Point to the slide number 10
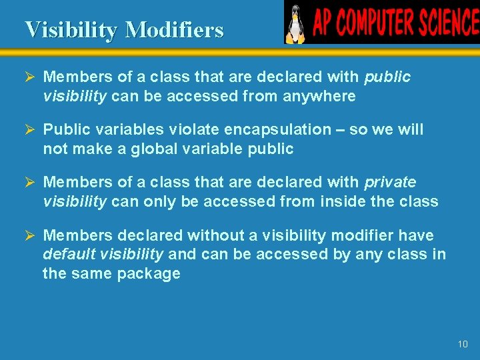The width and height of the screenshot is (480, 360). tap(463, 344)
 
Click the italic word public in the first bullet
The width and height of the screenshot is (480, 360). tap(387, 77)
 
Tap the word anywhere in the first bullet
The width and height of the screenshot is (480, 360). tap(319, 96)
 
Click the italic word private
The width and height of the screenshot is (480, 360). tap(390, 183)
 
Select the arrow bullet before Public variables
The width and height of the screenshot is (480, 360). tap(29, 129)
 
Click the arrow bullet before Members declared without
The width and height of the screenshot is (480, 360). tap(29, 235)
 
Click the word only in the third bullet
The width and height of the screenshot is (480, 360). tap(159, 201)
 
